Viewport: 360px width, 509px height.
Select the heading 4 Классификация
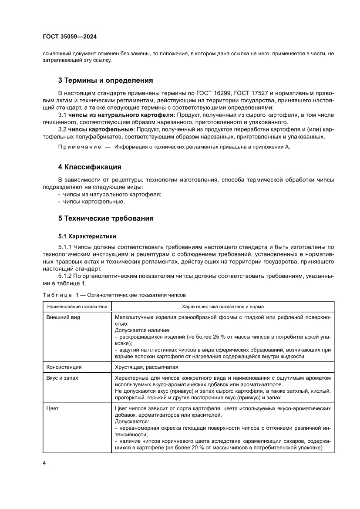(x=89, y=167)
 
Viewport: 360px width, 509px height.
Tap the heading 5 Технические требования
(x=106, y=218)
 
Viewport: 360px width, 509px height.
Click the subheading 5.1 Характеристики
(x=87, y=236)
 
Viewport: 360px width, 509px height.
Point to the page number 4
(x=44, y=463)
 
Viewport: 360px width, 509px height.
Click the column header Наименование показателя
(x=77, y=307)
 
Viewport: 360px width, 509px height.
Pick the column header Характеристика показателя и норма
(x=222, y=307)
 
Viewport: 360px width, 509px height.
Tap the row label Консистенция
(x=64, y=367)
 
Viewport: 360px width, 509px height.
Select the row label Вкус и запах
(x=62, y=378)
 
